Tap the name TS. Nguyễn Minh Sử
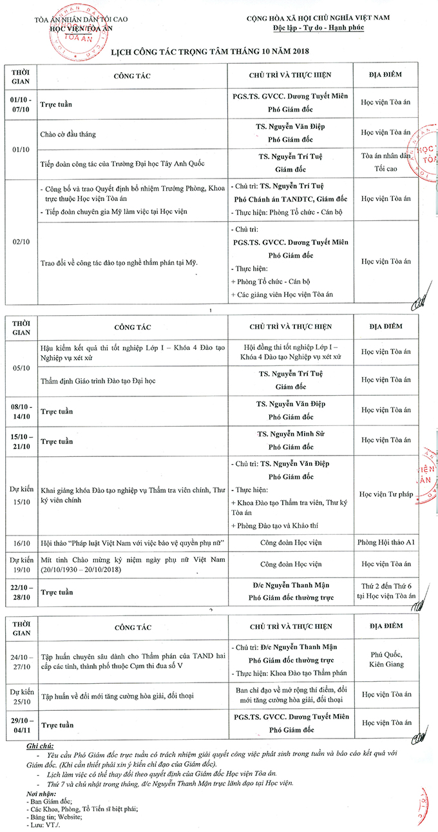click(290, 434)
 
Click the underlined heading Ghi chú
click(40, 745)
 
